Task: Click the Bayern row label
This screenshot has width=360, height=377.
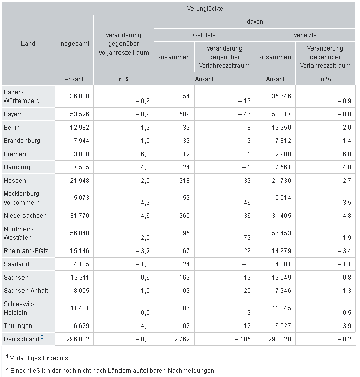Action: point(13,114)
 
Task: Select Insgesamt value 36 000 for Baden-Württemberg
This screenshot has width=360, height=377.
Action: point(80,96)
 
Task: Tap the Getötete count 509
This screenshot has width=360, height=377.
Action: point(184,114)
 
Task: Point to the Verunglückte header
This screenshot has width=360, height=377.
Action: point(205,9)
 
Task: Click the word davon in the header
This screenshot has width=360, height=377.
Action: point(255,22)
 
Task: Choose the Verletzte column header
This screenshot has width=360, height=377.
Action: point(305,35)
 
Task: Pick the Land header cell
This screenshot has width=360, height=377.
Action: point(28,44)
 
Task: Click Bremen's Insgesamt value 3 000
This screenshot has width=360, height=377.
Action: point(81,154)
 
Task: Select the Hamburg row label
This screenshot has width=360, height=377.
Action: point(17,167)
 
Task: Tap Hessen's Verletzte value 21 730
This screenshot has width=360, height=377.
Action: point(281,180)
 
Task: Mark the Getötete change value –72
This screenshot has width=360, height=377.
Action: point(245,238)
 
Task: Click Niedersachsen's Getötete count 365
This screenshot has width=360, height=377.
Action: point(184,216)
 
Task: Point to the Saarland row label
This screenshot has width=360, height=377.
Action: point(16,264)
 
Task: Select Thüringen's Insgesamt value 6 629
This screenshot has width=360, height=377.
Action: point(81,326)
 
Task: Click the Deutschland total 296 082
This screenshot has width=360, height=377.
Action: point(78,339)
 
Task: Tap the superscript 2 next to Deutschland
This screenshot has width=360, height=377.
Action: point(42,337)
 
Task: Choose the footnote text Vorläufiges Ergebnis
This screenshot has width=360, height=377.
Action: point(40,358)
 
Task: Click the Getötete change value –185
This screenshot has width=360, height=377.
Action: point(243,339)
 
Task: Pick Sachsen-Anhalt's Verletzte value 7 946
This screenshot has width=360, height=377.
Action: point(283,290)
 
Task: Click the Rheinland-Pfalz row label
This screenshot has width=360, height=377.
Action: point(26,251)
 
